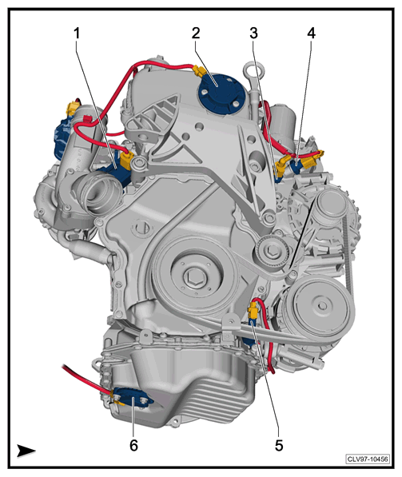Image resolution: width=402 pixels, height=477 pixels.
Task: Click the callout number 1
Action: (x=77, y=34)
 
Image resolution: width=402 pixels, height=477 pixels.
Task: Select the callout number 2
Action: (x=196, y=34)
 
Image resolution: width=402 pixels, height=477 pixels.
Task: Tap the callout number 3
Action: (x=253, y=34)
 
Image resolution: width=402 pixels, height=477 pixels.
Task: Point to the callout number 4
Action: (x=311, y=34)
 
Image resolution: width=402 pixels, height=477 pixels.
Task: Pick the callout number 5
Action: (x=279, y=446)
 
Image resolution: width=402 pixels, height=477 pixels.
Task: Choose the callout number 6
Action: (x=134, y=446)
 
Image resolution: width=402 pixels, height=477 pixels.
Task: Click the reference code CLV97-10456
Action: (x=368, y=459)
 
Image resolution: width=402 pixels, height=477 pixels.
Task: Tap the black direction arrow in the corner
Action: (x=26, y=451)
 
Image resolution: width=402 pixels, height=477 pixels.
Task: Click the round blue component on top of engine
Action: (x=218, y=93)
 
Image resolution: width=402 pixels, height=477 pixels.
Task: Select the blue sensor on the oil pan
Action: (x=133, y=399)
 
